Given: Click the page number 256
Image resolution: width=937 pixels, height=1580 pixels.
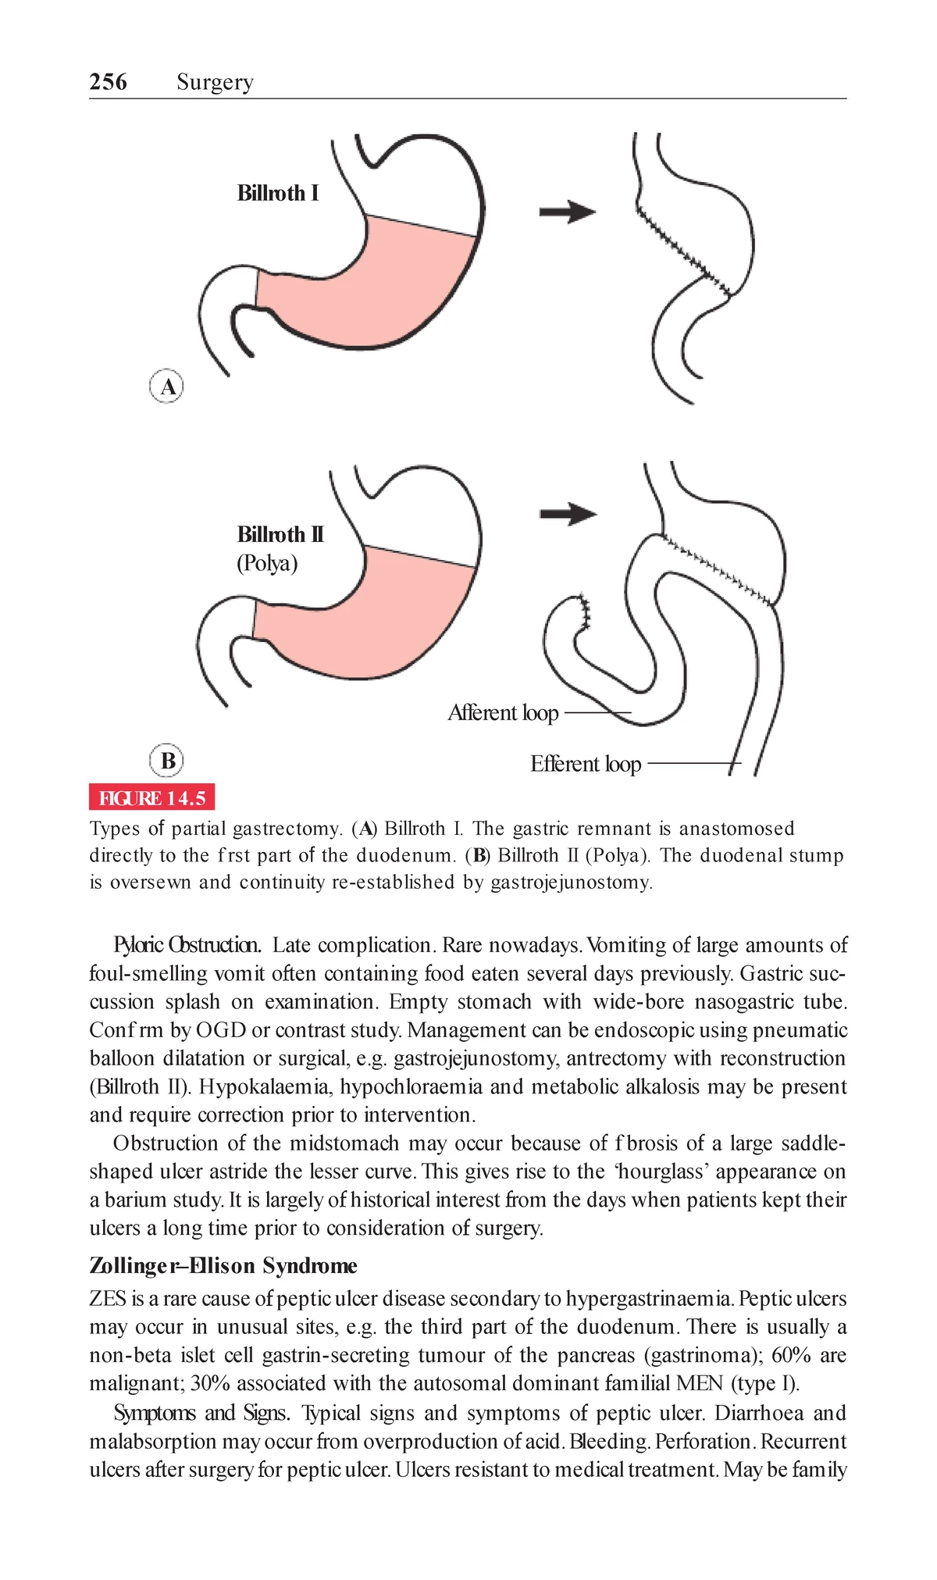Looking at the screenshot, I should pos(108,82).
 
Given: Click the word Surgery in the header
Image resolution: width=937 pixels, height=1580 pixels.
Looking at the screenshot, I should pos(215,82).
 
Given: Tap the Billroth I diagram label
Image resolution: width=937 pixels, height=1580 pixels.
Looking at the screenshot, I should pos(278,193).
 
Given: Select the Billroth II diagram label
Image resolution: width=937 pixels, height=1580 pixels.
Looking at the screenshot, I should pos(280,534).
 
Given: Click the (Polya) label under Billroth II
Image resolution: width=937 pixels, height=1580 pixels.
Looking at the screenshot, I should pos(267,563).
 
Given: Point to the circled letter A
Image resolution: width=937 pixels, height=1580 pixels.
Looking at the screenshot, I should pos(166,387).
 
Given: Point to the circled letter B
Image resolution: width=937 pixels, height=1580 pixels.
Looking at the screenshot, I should pos(167,761).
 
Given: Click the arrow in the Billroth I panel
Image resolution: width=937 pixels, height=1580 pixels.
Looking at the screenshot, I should pos(568,211).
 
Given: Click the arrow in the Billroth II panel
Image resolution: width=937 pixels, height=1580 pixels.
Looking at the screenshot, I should pos(568,514).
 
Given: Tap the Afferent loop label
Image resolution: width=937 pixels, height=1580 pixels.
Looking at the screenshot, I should pos(503,713).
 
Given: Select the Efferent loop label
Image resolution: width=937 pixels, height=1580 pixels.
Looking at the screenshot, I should pos(586,764).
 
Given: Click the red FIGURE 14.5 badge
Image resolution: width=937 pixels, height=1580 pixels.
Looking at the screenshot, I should pos(151,797).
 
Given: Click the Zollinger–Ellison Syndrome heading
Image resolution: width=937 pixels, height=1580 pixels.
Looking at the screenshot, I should pos(223,1265).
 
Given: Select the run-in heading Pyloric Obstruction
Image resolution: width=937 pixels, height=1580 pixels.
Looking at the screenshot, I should pos(187,945).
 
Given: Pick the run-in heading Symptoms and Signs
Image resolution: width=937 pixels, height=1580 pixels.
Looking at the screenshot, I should pos(202,1413).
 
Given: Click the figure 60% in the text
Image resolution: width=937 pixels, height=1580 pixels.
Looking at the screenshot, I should pos(788,1355).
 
